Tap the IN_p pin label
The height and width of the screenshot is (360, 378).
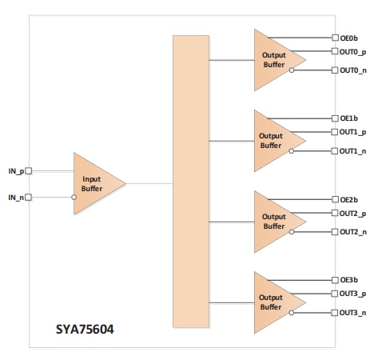point(15,170)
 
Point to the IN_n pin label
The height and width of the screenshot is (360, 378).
point(15,197)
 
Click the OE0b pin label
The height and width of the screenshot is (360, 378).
point(349,37)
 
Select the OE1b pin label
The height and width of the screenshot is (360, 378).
point(349,118)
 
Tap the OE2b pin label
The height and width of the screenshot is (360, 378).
point(349,199)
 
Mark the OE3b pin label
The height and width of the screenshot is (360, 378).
point(349,280)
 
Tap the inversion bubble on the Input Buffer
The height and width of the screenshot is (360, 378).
point(74,197)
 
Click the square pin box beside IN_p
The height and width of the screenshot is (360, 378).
point(29,170)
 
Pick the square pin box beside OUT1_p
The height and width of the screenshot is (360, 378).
point(335,133)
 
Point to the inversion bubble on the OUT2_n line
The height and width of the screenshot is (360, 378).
point(292,232)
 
